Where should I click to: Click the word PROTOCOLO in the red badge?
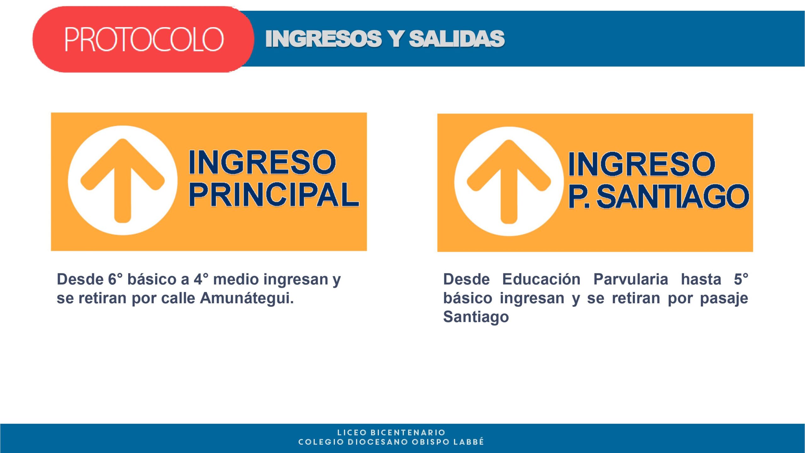144,39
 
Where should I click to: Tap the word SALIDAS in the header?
457,39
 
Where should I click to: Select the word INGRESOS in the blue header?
324,39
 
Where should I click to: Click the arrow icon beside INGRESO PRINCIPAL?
123,181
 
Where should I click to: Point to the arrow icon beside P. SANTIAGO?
509,182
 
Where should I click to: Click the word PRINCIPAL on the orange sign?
274,195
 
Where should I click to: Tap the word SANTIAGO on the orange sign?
673,197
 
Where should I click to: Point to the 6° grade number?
115,279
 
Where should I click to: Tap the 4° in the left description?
201,279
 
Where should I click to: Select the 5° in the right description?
741,279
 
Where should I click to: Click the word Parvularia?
630,279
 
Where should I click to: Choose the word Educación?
541,279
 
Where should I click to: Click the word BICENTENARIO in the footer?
408,433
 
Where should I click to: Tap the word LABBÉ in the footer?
469,442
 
